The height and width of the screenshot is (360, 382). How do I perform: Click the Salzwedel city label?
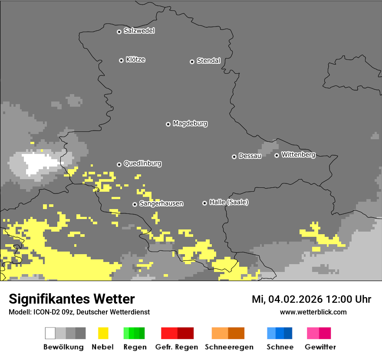point(139,31)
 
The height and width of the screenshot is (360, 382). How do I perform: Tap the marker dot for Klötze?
point(121,60)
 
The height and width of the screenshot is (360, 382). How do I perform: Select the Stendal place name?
point(208,61)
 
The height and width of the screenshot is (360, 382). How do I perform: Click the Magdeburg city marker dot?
point(168,124)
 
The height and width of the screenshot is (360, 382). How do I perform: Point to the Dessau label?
point(250,156)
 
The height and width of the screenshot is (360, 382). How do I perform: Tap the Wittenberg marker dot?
point(277,155)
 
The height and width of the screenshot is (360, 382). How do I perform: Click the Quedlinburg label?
point(142,164)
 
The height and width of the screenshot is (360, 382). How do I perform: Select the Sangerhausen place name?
point(161,203)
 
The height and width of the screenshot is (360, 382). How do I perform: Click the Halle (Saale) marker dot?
point(204,203)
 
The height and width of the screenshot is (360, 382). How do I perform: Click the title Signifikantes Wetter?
point(72,299)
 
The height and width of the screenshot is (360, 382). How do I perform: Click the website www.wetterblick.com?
point(313,312)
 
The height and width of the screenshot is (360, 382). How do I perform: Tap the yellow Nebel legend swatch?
point(103,333)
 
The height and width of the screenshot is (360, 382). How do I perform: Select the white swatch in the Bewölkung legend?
point(50,333)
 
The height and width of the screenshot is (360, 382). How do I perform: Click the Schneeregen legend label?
point(229,347)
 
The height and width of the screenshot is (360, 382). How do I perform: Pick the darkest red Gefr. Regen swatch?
point(185,333)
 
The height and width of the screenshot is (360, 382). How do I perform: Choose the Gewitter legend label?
point(320,347)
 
